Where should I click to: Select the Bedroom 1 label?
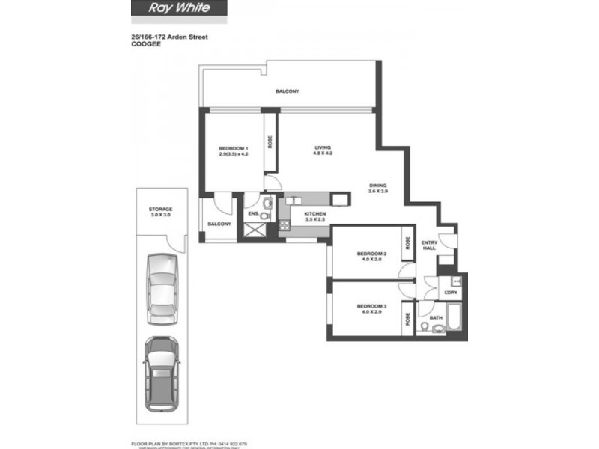tap(233, 150)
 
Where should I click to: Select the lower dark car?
tap(160, 372)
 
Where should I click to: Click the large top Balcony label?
tap(287, 91)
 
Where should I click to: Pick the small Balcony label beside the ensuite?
tap(219, 224)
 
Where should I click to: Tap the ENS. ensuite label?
tap(253, 215)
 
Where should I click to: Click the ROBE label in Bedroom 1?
tap(270, 142)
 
